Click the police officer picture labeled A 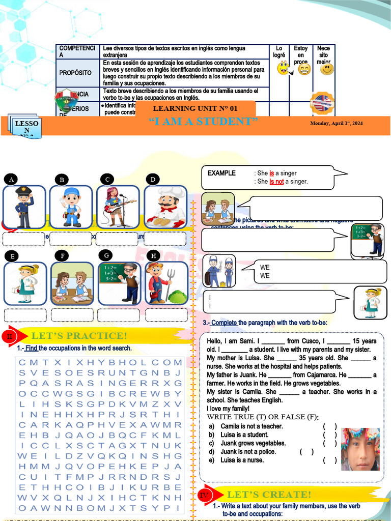pyautogui.click(x=24, y=207)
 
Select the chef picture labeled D pyautogui.click(x=165, y=207)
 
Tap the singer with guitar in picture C pyautogui.click(x=118, y=207)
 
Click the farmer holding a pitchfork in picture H pyautogui.click(x=165, y=284)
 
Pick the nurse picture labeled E pyautogui.click(x=25, y=284)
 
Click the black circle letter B pyautogui.click(x=62, y=180)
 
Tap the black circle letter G pyautogui.click(x=106, y=255)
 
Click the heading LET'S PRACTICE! pyautogui.click(x=79, y=336)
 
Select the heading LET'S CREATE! pyautogui.click(x=268, y=495)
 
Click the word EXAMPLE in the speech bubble pyautogui.click(x=221, y=173)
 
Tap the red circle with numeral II pyautogui.click(x=10, y=336)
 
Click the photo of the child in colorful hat pyautogui.click(x=360, y=449)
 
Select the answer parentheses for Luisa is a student pyautogui.click(x=329, y=435)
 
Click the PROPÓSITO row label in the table pyautogui.click(x=75, y=73)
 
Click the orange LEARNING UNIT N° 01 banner pyautogui.click(x=195, y=108)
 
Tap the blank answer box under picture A pyautogui.click(x=24, y=239)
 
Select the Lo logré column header pyautogui.click(x=279, y=52)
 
